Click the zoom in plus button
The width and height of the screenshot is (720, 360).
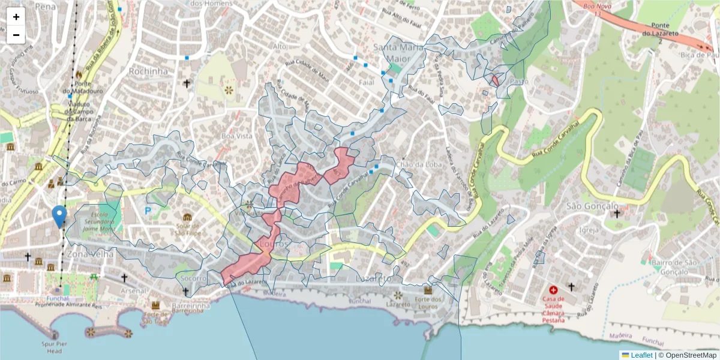16,17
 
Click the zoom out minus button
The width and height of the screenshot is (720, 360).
16,35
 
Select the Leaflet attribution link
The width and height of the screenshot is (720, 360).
641,355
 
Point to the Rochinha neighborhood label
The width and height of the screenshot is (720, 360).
148,71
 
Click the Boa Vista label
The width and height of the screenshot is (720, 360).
236,136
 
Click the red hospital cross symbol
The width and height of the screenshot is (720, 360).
553,289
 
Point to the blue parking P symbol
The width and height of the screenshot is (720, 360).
148,210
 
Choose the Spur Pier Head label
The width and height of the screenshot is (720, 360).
56,347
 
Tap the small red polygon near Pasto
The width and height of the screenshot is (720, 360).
495,80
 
